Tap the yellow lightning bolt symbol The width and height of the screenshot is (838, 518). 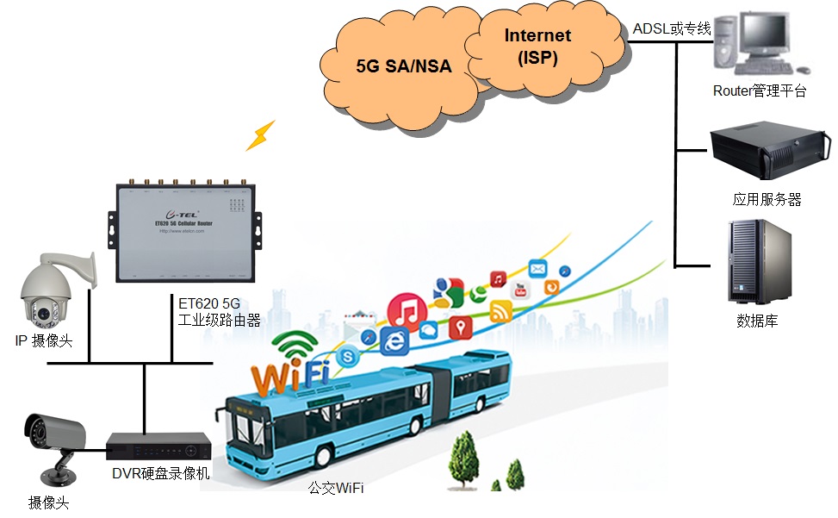click(x=260, y=135)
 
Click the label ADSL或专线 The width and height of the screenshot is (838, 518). click(x=672, y=29)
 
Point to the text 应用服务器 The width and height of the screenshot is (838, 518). click(x=767, y=199)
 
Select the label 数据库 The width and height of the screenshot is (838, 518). click(x=758, y=321)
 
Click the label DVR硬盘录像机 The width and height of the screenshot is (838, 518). click(x=161, y=473)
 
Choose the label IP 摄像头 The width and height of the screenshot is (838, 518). click(x=44, y=340)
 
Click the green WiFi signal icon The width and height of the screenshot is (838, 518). click(x=295, y=346)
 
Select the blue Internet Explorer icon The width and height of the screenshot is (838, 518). click(x=394, y=341)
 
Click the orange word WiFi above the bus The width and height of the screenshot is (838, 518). click(x=290, y=377)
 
